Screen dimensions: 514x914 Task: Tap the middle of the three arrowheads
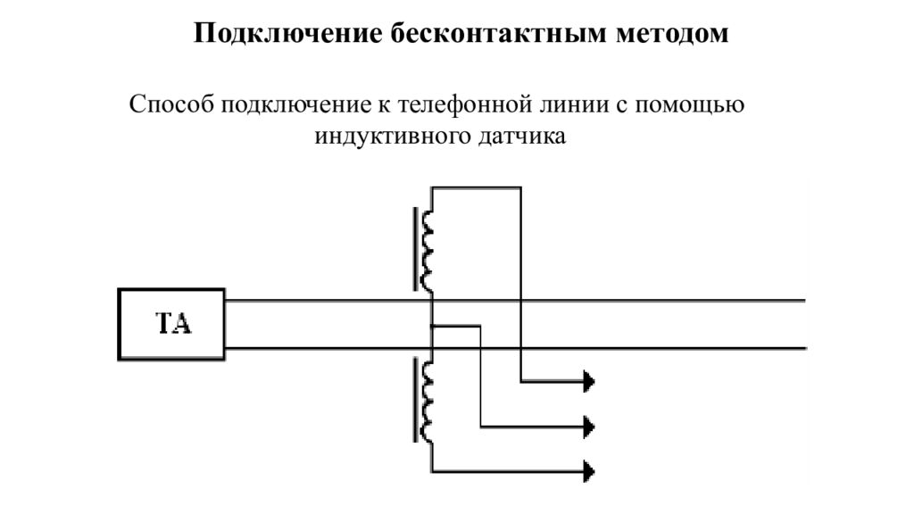(589, 425)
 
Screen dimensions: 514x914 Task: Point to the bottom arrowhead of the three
(589, 468)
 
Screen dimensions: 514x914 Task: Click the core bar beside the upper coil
(415, 250)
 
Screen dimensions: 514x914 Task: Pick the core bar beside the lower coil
(415, 401)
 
